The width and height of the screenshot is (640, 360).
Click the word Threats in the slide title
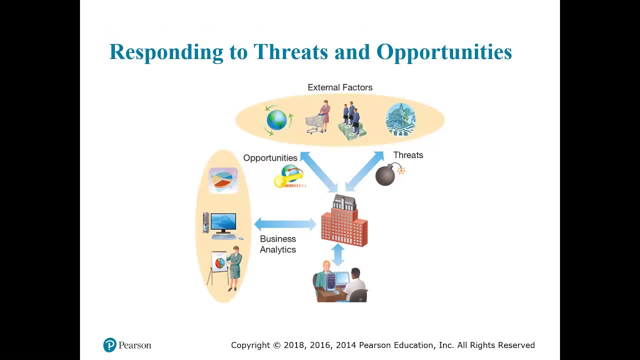290,52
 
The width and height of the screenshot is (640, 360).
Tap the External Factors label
340,87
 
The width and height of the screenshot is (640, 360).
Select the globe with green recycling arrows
277,120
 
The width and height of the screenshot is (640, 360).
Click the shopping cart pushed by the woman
315,124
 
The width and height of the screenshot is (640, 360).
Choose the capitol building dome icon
400,119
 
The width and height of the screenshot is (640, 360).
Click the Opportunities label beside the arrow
270,158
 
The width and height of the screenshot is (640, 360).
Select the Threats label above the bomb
408,155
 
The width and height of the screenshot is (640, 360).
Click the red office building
344,220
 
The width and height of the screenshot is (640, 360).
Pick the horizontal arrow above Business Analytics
285,224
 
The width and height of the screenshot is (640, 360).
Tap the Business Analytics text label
277,244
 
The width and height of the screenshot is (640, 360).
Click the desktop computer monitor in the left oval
223,223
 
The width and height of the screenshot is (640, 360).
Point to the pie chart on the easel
219,262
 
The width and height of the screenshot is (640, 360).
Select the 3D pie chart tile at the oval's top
223,180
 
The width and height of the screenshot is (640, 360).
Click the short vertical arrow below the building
338,254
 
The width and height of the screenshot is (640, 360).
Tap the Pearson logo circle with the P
109,345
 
